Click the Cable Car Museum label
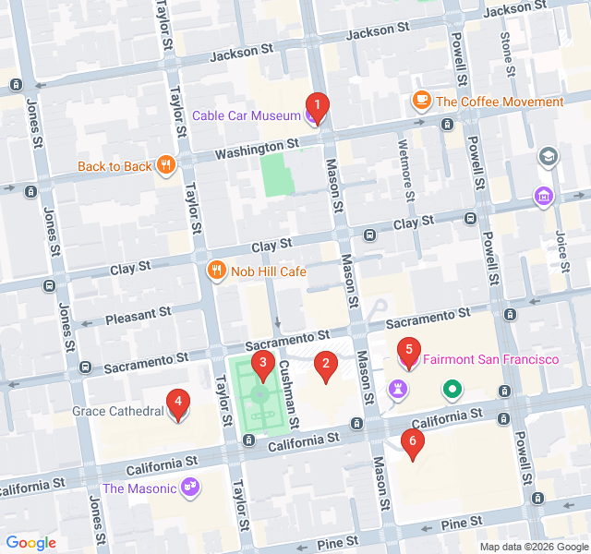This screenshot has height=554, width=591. pos(247,115)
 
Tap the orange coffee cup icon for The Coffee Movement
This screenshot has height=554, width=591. pos(422,99)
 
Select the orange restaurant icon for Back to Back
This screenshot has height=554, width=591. pos(166,165)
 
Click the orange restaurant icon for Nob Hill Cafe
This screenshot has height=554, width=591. pos(214,271)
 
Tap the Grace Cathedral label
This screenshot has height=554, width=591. pos(117,411)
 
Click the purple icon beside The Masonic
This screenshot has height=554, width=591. pos(191,487)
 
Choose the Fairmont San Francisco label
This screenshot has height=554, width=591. pos(491,358)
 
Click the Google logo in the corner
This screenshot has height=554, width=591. pos(30,543)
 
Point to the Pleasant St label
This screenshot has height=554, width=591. pos(139,315)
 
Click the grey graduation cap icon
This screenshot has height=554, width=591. pos(549,156)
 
